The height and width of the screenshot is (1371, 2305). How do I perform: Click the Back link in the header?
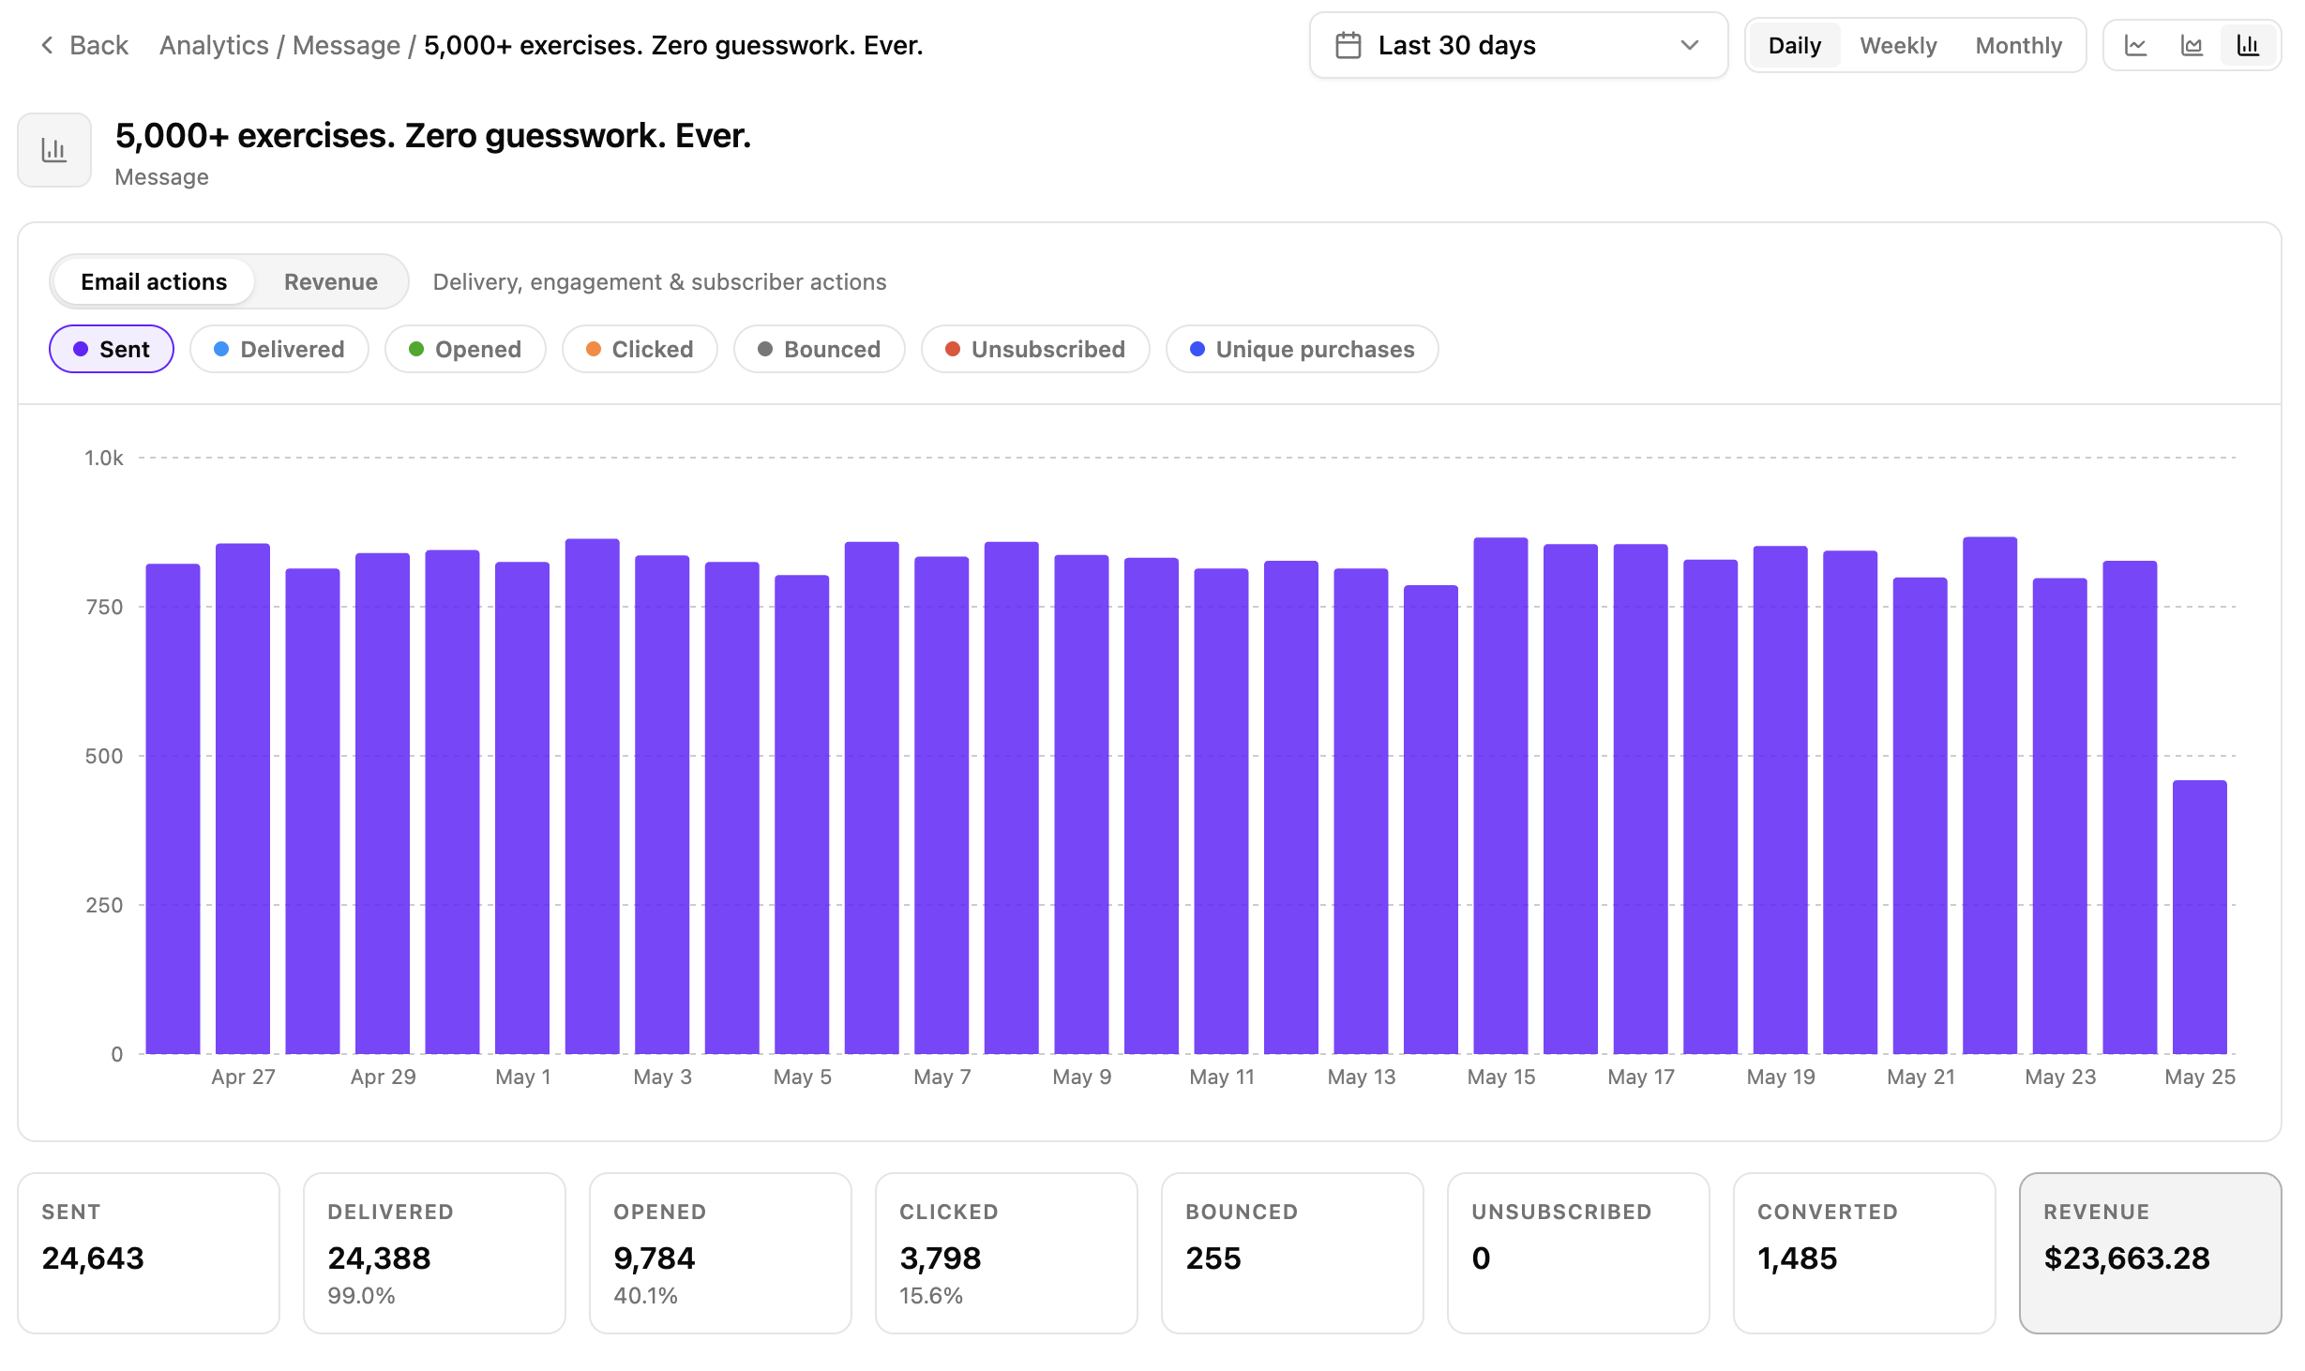(84, 45)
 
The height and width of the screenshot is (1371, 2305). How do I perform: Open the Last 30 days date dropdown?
(1518, 45)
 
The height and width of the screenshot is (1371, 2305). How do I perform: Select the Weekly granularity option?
(1898, 45)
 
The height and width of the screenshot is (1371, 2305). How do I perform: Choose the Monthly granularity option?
(2018, 45)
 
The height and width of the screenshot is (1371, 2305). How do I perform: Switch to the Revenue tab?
(331, 281)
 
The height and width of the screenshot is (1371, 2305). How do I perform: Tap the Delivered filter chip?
(279, 349)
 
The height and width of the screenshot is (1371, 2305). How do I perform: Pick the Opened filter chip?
(465, 349)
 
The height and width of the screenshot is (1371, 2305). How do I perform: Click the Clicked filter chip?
(640, 349)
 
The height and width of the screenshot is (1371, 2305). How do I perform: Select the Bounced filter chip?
(819, 349)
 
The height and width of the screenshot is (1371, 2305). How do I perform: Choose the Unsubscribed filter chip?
(1035, 349)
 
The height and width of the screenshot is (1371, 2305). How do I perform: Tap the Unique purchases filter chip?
(1302, 349)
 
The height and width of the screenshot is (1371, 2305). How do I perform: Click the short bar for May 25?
(2199, 917)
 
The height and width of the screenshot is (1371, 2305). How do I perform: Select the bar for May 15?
(1500, 795)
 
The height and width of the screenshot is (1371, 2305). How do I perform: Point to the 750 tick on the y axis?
(104, 607)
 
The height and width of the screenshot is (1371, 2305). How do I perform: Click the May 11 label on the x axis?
(1222, 1077)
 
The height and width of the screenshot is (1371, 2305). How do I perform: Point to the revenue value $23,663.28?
(2127, 1258)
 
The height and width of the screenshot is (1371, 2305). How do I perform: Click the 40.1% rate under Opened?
(645, 1295)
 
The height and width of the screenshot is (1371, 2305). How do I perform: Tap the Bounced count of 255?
(1213, 1258)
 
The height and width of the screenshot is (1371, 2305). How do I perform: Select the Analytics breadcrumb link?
(214, 45)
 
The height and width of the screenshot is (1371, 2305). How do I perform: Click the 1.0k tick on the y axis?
(104, 458)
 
